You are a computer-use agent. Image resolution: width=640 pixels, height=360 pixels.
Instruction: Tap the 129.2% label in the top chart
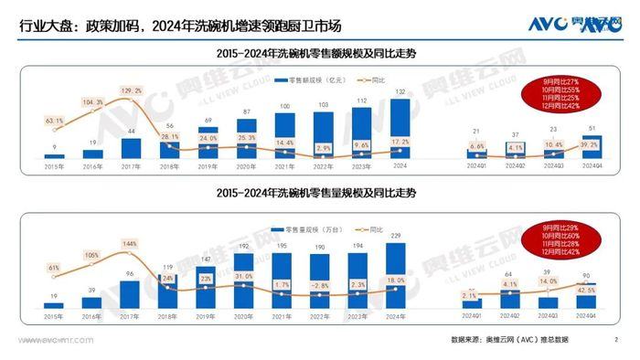tap(131, 90)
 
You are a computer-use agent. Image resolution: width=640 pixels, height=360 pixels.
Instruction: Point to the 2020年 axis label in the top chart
tap(245, 166)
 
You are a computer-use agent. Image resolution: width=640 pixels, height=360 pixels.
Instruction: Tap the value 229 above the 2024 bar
tap(396, 236)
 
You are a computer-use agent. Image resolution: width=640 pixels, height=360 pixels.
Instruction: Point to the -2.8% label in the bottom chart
tap(321, 285)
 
